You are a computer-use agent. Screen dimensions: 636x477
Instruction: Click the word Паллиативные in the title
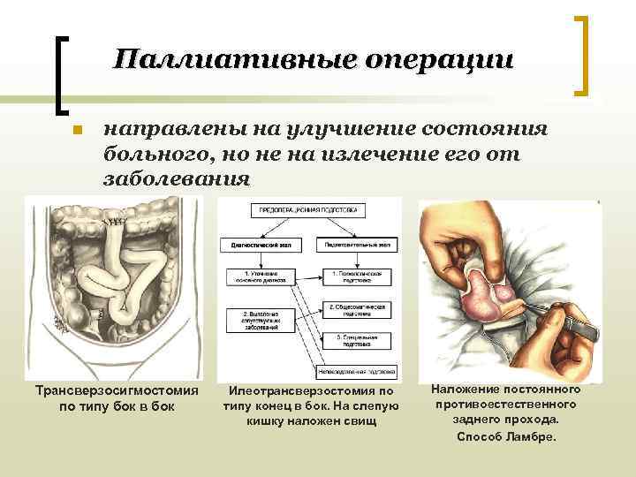coord(227,59)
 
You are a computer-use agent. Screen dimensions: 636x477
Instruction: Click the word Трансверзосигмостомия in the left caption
coord(117,390)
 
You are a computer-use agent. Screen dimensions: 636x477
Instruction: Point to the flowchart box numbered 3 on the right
coord(357,339)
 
